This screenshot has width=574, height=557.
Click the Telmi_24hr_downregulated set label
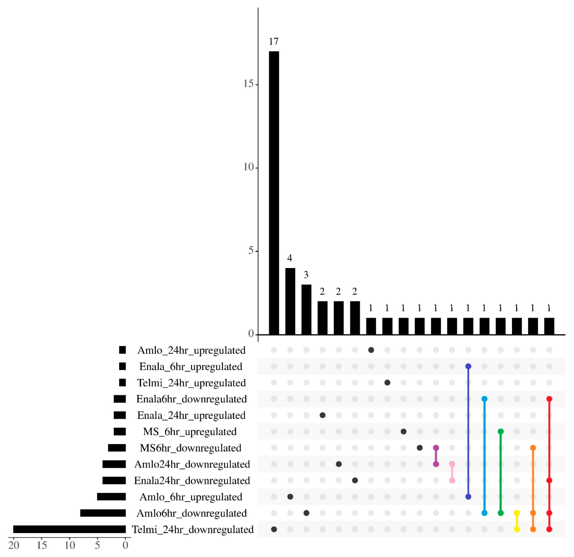coord(193,529)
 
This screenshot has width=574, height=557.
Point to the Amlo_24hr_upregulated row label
coord(191,350)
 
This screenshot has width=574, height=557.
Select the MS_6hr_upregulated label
coord(190,432)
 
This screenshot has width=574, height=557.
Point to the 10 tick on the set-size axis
coord(70,545)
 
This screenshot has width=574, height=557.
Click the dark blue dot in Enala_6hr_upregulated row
coord(468,366)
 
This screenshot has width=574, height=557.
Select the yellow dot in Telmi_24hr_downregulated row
coord(517,529)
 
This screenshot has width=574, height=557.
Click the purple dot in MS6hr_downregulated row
coord(436,448)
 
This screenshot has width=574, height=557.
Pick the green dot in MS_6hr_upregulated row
coord(500,431)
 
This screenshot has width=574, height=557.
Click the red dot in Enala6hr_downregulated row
coord(549,399)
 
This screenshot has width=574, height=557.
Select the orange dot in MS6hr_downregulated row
coord(533,448)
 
